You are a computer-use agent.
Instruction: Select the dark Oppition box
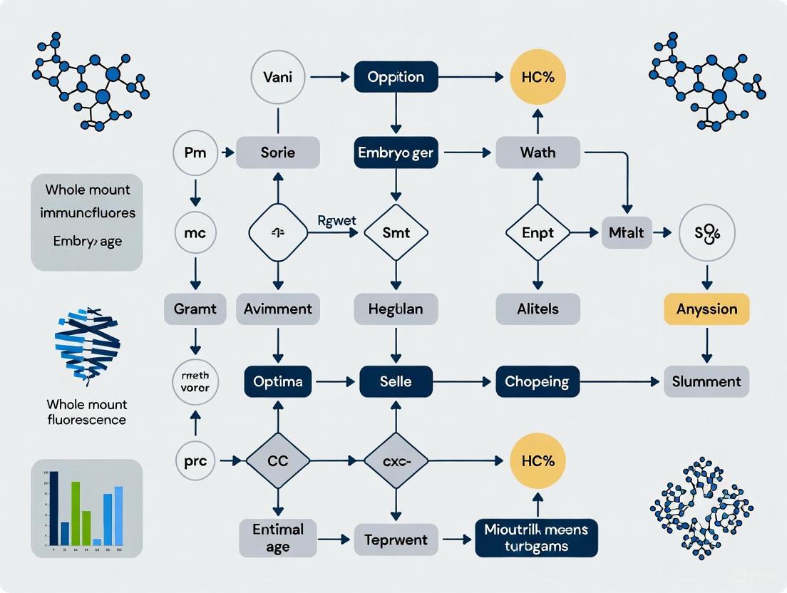tap(396, 77)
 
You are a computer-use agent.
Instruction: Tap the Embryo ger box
tap(396, 153)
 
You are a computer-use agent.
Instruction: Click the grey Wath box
tap(537, 153)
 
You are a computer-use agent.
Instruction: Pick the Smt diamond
tap(396, 232)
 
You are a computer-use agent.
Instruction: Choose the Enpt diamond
tap(537, 233)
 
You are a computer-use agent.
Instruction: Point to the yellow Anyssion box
tap(706, 309)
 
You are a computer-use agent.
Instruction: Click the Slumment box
tap(706, 381)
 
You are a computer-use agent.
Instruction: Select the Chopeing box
tap(537, 381)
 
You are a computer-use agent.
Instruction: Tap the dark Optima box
tap(278, 381)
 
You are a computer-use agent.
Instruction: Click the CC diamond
tap(278, 461)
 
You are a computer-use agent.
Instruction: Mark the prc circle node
tap(195, 461)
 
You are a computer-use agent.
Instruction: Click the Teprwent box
tap(396, 540)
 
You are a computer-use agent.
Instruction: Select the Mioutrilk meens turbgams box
tap(536, 538)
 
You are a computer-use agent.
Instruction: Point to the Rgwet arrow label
tap(336, 220)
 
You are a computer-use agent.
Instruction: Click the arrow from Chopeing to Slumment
tap(617, 382)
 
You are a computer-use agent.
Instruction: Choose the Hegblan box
tap(396, 309)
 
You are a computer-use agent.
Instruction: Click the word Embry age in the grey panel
tap(87, 241)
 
